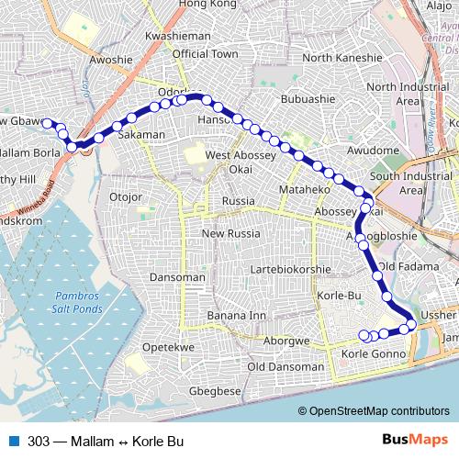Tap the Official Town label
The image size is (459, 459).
[205, 55]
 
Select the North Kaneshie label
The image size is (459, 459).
[341, 58]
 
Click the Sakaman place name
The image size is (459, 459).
[141, 135]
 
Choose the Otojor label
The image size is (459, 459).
[128, 196]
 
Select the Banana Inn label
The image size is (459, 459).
[236, 316]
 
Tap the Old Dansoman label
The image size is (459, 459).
[286, 367]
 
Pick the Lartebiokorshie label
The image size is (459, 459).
[297, 271]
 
